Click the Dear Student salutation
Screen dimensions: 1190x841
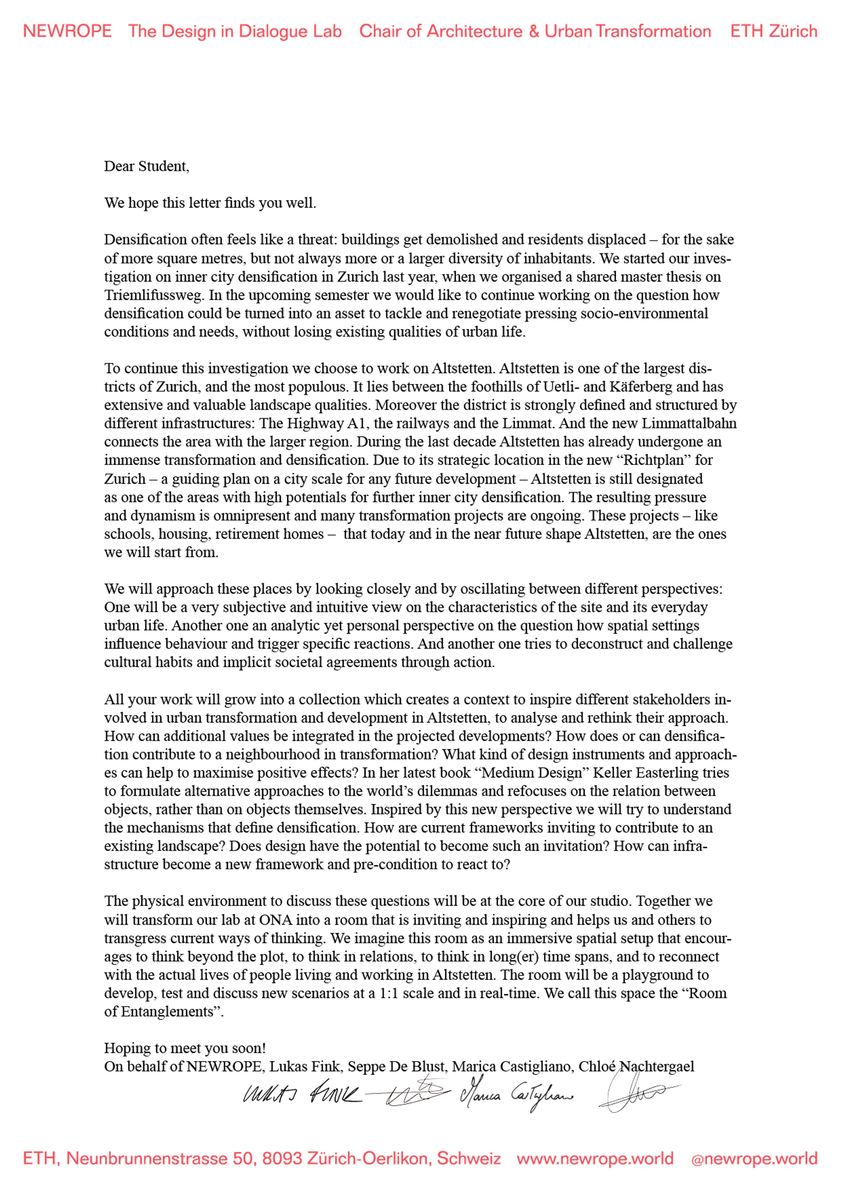click(147, 166)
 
